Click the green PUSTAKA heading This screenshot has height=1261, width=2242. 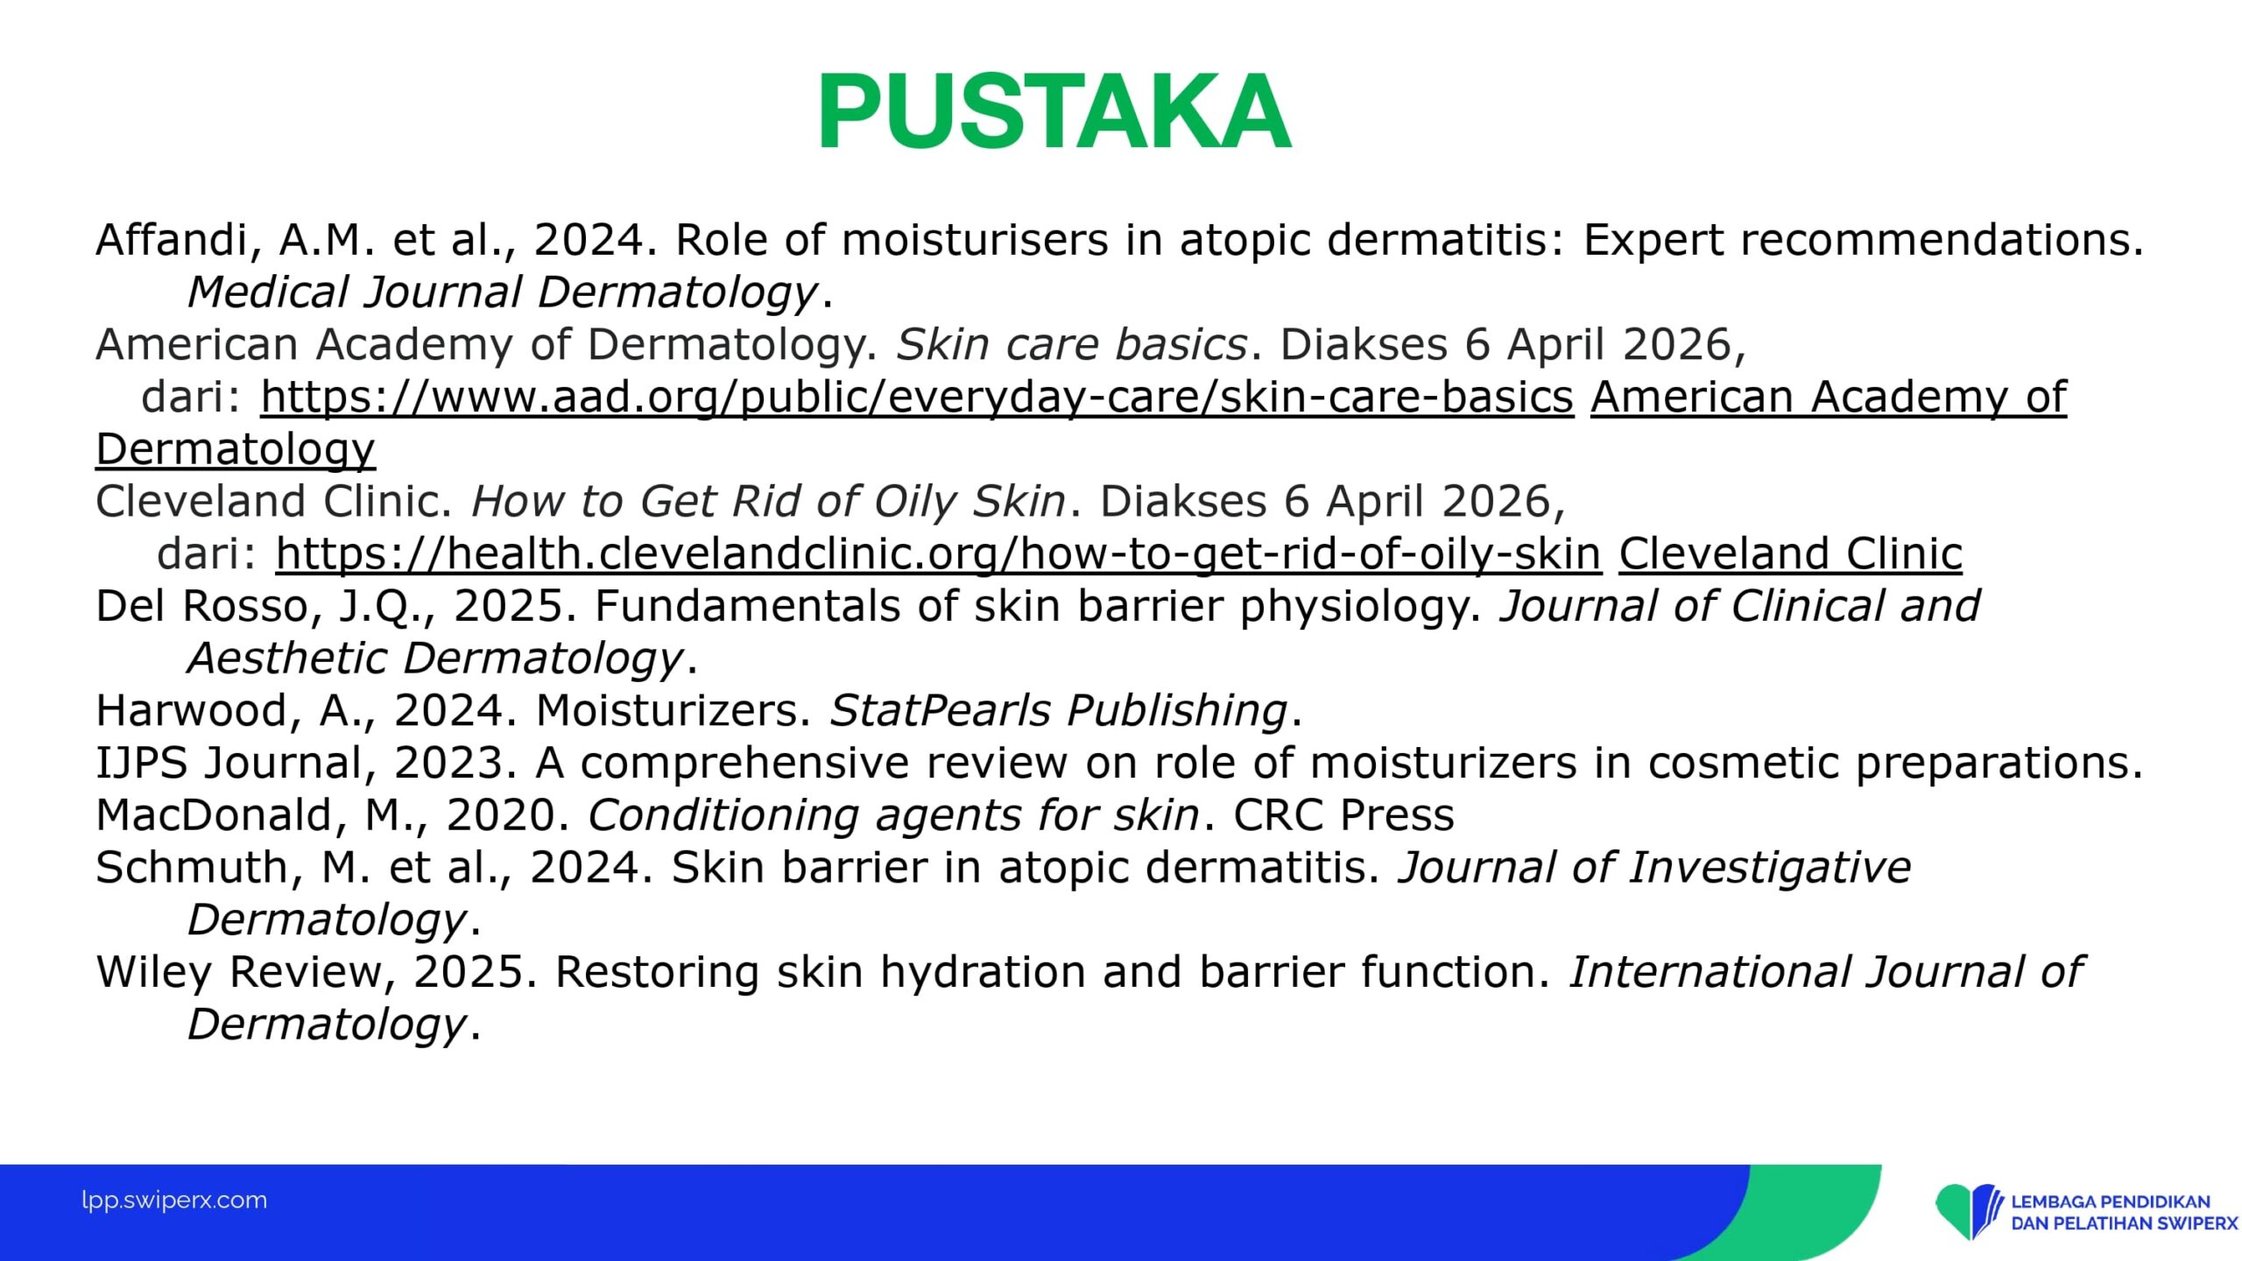[1054, 111]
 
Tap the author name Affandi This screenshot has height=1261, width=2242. [173, 240]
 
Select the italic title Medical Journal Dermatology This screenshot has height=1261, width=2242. [503, 292]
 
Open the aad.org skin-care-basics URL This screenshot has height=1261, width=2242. [917, 397]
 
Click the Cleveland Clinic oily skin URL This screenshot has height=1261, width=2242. [939, 553]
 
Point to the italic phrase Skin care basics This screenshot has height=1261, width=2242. [1072, 344]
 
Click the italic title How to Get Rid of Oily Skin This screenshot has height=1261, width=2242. [768, 502]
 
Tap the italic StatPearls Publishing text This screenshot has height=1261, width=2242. [1058, 710]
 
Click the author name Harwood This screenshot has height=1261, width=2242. [191, 710]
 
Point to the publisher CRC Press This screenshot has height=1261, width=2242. [1343, 815]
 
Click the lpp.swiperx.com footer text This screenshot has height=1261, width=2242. [174, 1201]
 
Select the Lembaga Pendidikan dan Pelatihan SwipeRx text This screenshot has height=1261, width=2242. [2124, 1212]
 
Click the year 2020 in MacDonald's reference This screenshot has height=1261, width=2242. [501, 815]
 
